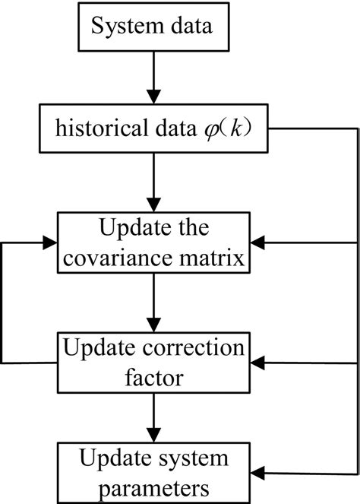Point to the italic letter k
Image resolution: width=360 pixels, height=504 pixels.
click(236, 128)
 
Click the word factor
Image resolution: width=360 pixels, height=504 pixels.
click(154, 377)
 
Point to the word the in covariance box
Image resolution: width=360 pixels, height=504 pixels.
click(192, 227)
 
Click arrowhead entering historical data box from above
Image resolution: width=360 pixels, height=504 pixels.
click(154, 97)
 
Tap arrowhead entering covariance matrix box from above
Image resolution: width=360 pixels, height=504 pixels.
click(154, 204)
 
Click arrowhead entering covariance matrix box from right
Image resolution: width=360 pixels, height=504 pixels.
click(257, 242)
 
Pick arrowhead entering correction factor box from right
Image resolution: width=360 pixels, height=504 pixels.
click(257, 363)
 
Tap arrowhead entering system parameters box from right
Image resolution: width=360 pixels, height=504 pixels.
click(257, 473)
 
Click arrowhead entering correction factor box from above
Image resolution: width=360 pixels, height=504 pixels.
click(154, 325)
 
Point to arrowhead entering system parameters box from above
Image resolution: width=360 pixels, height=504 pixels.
click(154, 436)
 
